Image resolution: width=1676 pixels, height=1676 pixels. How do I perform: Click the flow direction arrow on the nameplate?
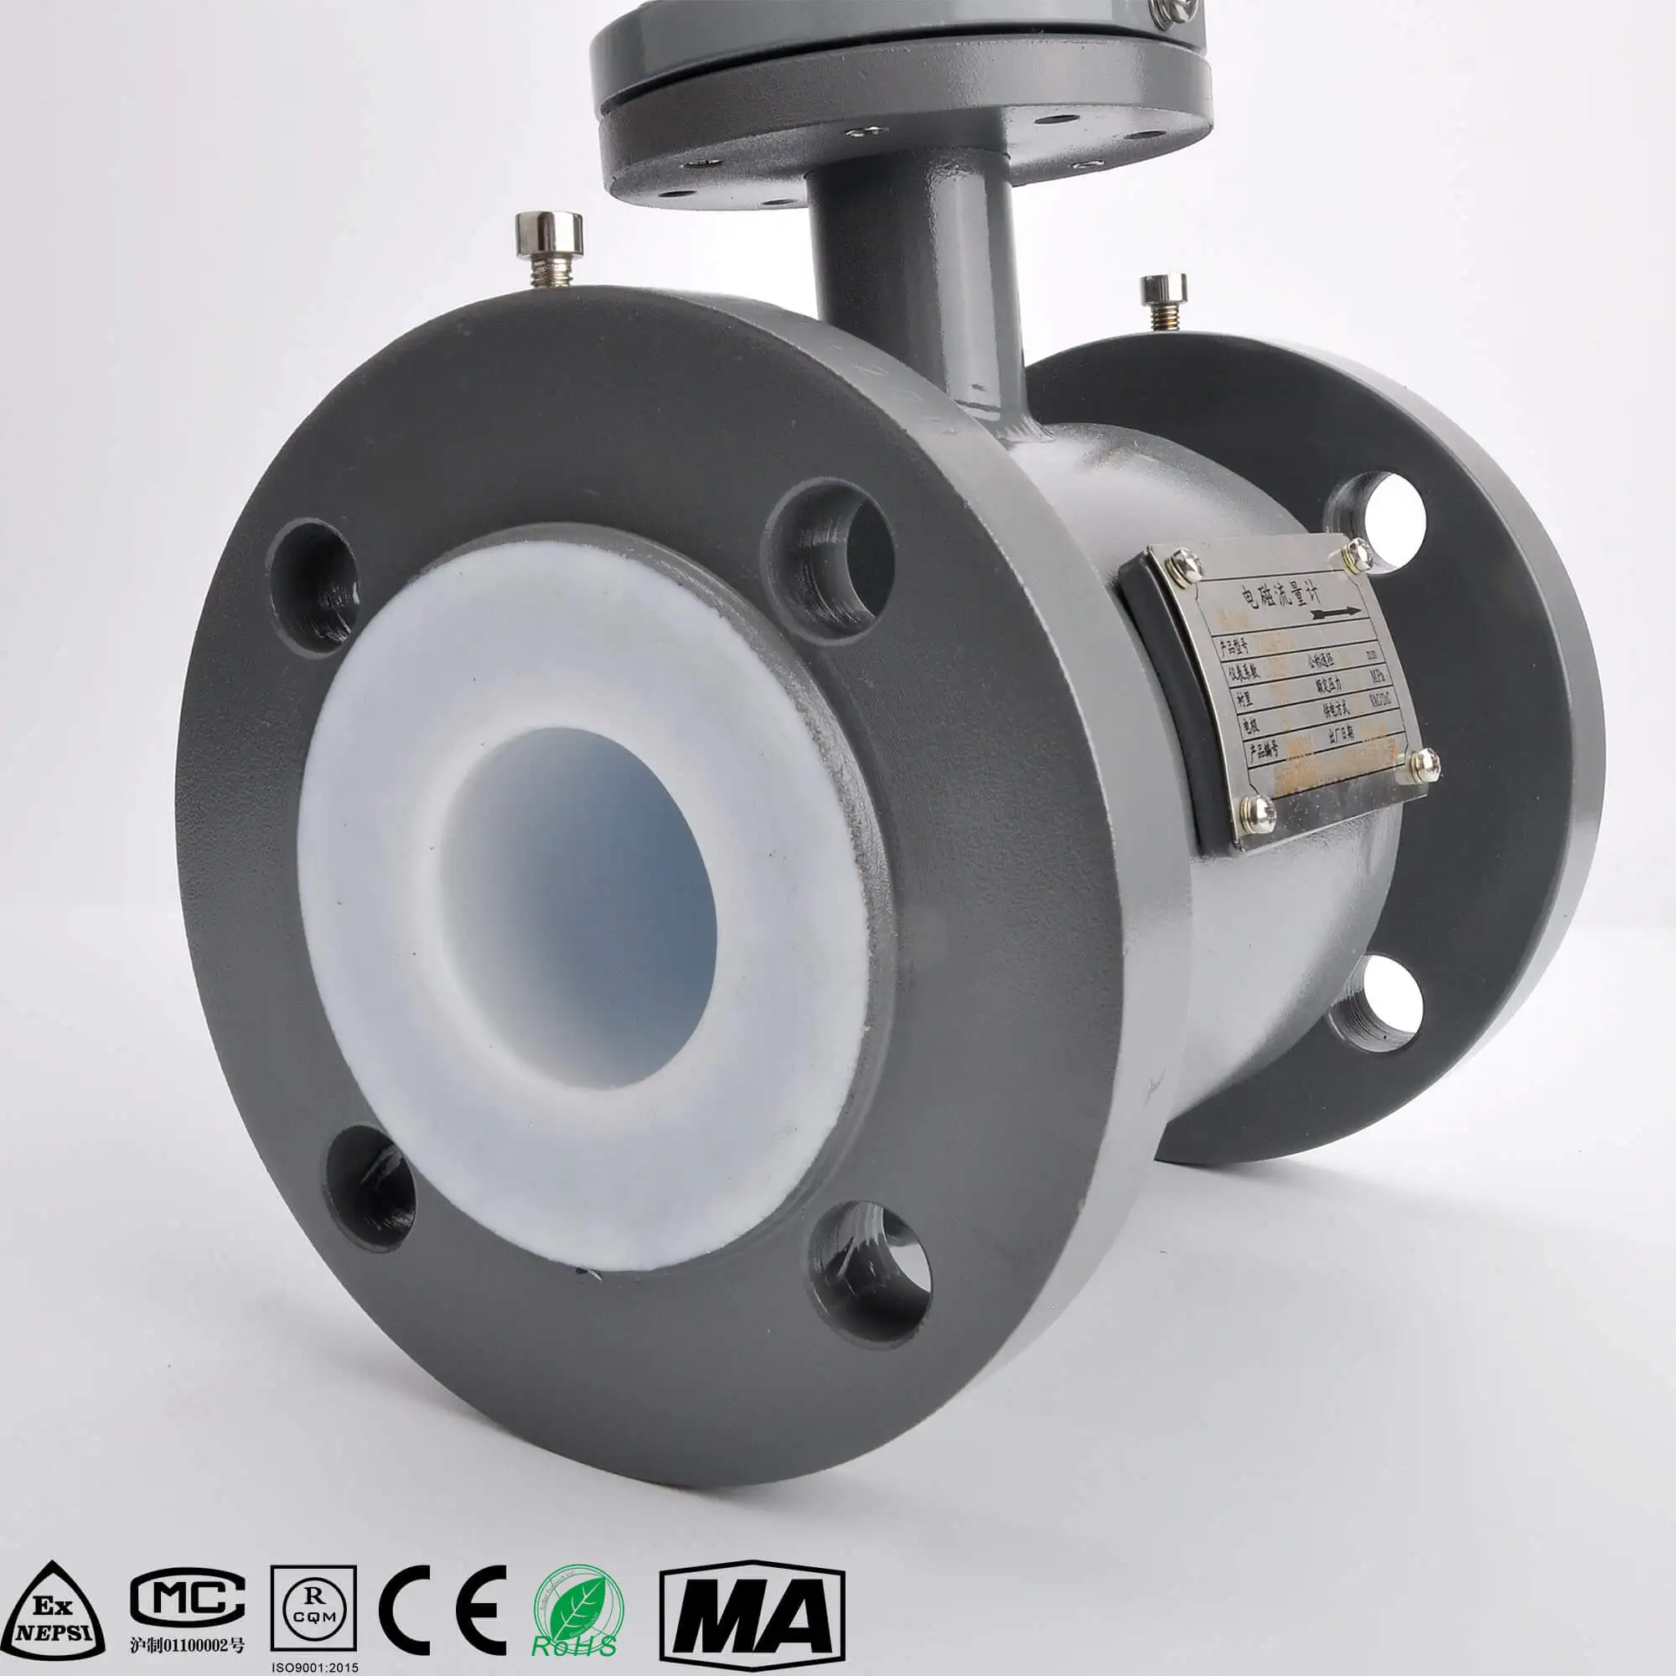[1337, 614]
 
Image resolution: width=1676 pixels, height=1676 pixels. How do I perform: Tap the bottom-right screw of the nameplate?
[1424, 763]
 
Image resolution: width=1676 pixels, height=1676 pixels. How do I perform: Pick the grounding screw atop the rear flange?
[1163, 298]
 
